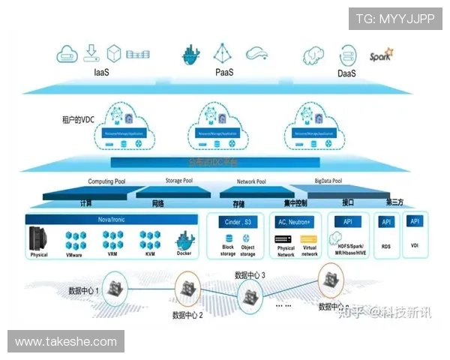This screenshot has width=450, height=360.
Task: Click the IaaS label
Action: [102, 73]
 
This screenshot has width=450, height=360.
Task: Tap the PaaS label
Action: [224, 73]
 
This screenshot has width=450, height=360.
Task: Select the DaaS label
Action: [346, 73]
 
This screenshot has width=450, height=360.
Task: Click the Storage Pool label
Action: [178, 181]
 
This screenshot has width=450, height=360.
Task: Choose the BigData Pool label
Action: [327, 181]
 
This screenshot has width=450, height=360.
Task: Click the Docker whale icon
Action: [184, 241]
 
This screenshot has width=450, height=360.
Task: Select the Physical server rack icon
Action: [40, 239]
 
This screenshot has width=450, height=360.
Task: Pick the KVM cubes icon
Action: [150, 240]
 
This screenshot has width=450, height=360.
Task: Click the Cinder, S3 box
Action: [238, 222]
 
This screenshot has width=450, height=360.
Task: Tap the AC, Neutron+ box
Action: [295, 222]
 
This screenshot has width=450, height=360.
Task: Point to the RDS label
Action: [386, 245]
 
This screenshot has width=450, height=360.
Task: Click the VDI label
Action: [415, 245]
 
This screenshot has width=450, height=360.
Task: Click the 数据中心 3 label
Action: [250, 275]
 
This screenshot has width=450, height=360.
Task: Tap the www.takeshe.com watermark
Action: [66, 342]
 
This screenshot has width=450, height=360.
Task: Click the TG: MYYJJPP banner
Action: [395, 18]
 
